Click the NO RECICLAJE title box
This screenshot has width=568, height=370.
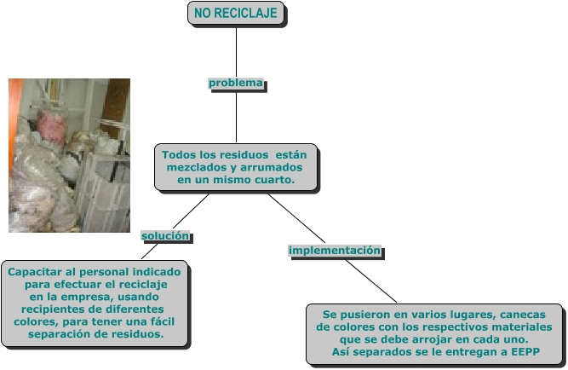pos(236,14)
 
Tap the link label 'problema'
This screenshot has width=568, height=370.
pos(236,84)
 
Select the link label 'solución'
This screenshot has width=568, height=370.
pos(165,235)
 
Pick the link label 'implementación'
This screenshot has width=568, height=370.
pos(334,251)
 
